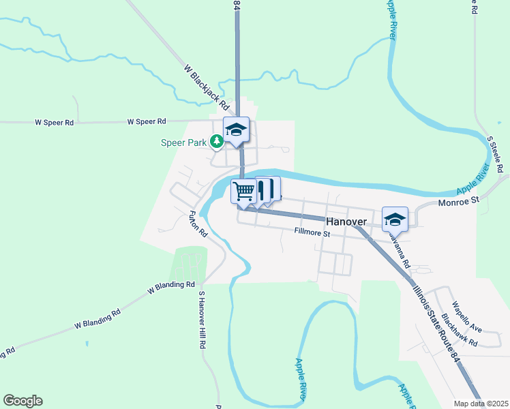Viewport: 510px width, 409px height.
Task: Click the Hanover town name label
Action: [x=346, y=222]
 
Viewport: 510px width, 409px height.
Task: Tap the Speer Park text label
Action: [x=184, y=142]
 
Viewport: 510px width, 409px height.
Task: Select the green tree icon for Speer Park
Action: [x=217, y=142]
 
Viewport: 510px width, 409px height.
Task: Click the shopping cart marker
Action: [x=244, y=190]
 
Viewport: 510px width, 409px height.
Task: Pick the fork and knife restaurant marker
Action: [x=267, y=189]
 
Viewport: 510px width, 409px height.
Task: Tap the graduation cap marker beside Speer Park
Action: [x=236, y=129]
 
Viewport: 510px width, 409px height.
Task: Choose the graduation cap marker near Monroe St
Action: [x=395, y=218]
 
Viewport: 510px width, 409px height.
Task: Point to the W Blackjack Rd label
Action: [x=206, y=87]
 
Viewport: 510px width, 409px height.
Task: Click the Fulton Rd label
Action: [x=198, y=224]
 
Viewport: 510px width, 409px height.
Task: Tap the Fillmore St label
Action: [x=312, y=233]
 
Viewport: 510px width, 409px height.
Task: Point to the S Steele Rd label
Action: [x=495, y=154]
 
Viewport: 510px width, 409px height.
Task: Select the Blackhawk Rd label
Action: [x=460, y=330]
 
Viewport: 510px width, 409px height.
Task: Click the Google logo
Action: [x=22, y=401]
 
